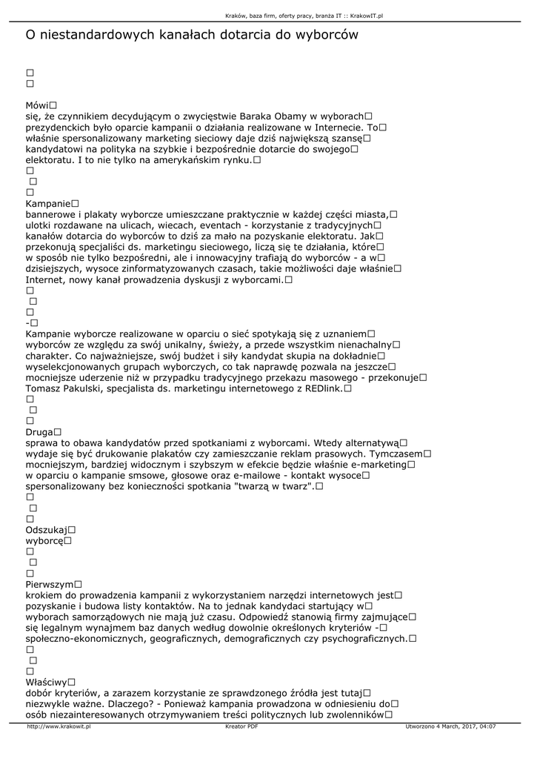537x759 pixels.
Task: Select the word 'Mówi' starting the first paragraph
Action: [x=37, y=105]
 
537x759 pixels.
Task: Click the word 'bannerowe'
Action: [x=55, y=214]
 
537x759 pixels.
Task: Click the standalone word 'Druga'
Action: [x=39, y=431]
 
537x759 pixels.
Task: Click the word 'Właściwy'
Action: [x=47, y=682]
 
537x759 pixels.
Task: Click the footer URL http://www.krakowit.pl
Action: [x=59, y=726]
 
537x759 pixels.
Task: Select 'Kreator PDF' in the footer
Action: [x=241, y=726]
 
